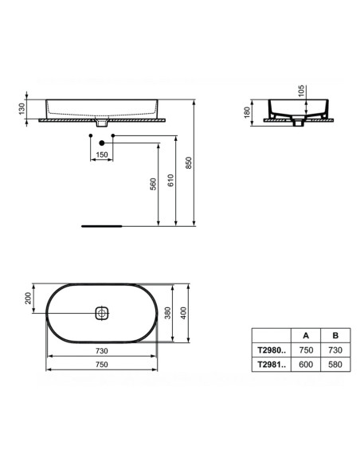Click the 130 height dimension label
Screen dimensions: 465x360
coord(25,107)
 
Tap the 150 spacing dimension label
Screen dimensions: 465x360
coord(101,154)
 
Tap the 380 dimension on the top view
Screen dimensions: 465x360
coord(168,314)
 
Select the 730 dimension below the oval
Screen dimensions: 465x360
coord(101,350)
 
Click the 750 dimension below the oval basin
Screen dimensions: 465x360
coord(101,365)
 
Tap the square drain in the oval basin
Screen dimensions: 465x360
coord(101,314)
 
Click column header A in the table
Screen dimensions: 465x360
coord(305,335)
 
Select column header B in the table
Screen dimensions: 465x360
coord(335,335)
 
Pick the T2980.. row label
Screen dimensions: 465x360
coord(270,350)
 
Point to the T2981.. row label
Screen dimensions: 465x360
coord(270,364)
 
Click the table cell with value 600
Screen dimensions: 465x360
coord(305,364)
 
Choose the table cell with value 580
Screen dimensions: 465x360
coord(335,364)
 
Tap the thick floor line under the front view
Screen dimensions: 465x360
coord(101,225)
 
